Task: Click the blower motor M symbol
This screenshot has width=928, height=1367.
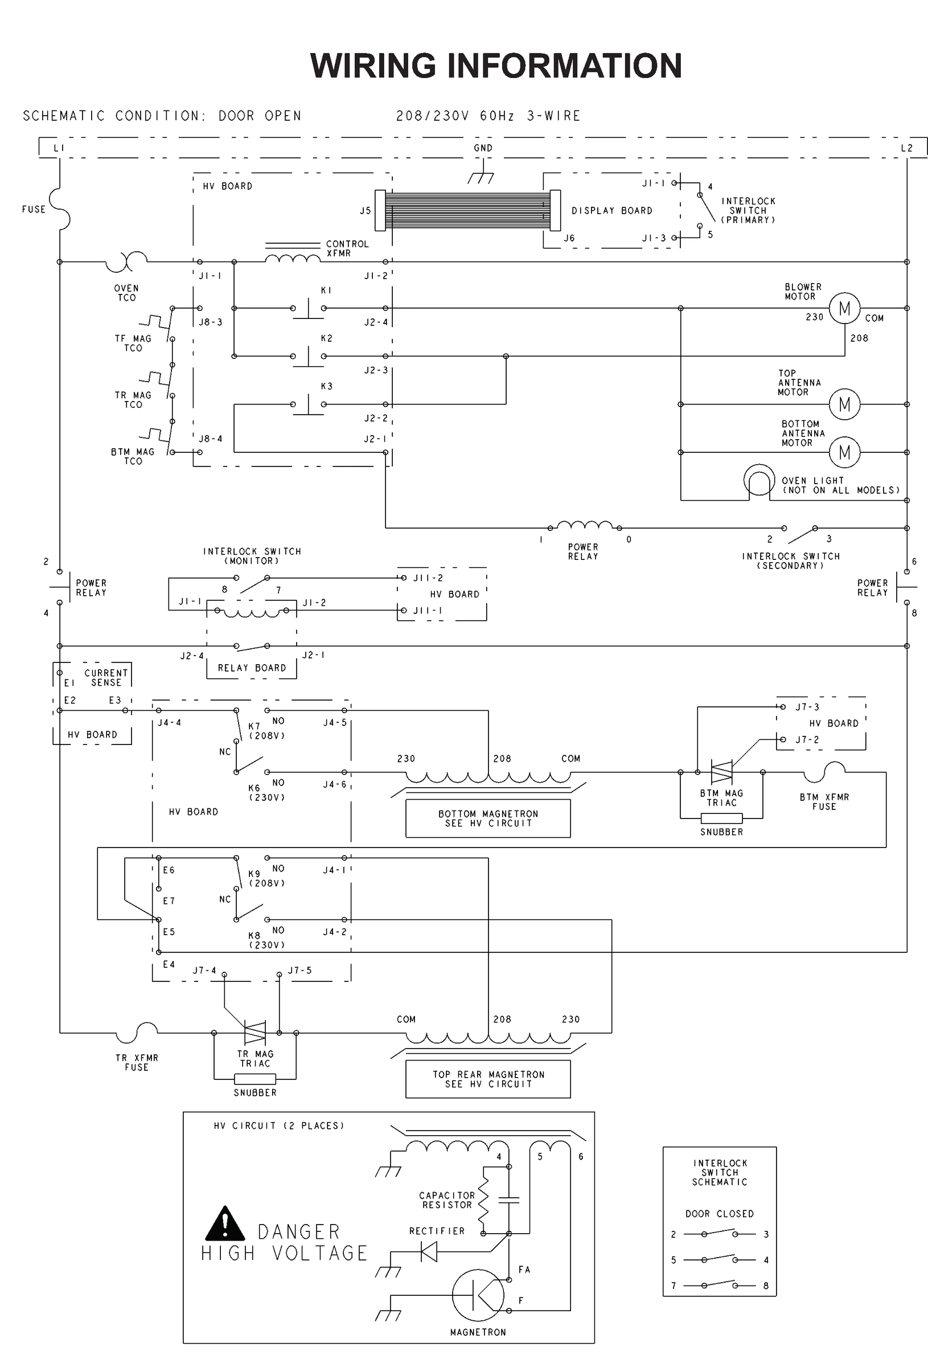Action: [x=844, y=308]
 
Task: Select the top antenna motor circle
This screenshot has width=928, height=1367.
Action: [x=844, y=404]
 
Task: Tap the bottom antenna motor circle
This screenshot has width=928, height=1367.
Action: [x=844, y=452]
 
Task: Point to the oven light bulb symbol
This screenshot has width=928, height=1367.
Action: [x=759, y=481]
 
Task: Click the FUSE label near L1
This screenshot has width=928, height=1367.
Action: [x=34, y=210]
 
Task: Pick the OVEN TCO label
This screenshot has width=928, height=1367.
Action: [x=126, y=293]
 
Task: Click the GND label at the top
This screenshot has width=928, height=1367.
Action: [x=483, y=148]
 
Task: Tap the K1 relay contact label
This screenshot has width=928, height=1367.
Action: [x=326, y=290]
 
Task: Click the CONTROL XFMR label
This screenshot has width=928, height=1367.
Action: [x=347, y=248]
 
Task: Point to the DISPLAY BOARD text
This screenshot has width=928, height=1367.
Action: [x=611, y=211]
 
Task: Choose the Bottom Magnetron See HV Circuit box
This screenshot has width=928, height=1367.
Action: [x=487, y=818]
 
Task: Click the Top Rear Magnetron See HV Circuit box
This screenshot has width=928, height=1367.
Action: [x=487, y=1079]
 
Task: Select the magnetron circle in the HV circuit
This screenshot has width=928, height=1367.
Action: [x=478, y=1295]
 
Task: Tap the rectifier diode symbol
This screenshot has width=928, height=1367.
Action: [x=429, y=1251]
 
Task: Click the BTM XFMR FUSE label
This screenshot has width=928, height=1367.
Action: [x=824, y=802]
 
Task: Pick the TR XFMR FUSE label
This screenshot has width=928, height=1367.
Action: [x=137, y=1062]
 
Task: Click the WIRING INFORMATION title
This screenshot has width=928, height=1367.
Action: [x=496, y=66]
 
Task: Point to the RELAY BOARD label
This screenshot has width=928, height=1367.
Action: [x=252, y=668]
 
